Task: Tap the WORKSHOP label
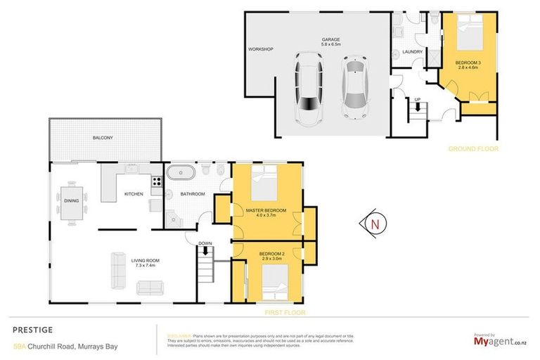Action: coord(260,49)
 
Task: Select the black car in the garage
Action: coord(308,90)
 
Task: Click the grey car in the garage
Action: coord(354,88)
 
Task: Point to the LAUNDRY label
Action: coord(411,51)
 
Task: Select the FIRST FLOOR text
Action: coord(285,311)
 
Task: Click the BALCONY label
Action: coord(103,138)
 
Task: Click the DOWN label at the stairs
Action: coord(205,243)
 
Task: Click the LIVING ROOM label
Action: coord(143,262)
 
